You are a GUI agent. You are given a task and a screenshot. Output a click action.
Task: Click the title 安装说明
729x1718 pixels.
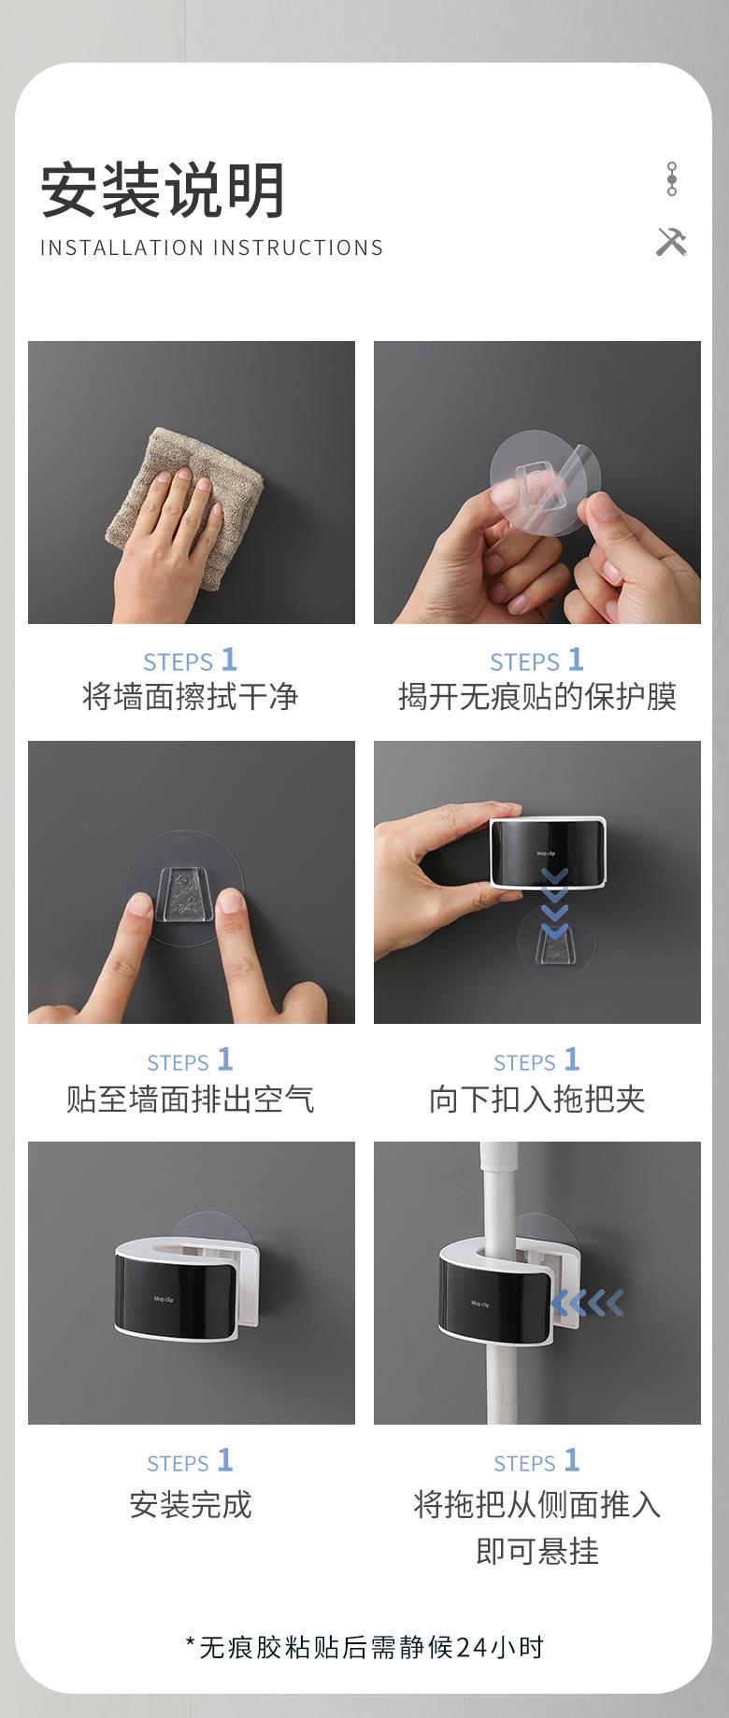(x=163, y=190)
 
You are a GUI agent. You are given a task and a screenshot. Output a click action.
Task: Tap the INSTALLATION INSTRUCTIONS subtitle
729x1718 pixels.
(x=212, y=248)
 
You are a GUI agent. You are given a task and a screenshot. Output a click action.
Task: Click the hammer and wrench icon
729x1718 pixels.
(x=671, y=241)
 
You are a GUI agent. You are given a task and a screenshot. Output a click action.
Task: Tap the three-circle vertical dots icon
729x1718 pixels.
(x=671, y=178)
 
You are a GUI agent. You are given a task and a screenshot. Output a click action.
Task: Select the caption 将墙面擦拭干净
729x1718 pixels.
(x=191, y=697)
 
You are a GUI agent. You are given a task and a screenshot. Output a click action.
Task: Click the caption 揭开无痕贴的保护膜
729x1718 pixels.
(x=537, y=697)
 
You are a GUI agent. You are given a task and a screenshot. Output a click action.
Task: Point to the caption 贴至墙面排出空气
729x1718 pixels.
(x=191, y=1099)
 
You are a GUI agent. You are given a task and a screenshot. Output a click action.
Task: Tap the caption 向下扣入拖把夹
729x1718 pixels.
(x=537, y=1099)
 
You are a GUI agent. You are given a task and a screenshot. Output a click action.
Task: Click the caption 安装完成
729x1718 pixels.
(x=191, y=1505)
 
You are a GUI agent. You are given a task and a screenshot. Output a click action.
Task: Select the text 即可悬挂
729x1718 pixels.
(x=537, y=1552)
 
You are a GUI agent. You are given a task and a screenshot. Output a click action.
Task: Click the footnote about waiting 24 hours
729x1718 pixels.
(x=364, y=1647)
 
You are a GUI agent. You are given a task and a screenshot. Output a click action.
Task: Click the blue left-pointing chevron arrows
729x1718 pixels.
(x=587, y=1302)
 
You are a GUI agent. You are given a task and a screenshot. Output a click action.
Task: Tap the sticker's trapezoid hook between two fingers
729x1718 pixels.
(x=184, y=893)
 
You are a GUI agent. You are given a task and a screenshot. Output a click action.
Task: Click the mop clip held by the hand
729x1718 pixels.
(x=548, y=852)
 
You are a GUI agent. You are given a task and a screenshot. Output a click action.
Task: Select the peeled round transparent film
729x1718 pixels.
(x=539, y=483)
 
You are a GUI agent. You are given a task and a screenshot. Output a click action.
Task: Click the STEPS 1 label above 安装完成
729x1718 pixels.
(x=191, y=1461)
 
